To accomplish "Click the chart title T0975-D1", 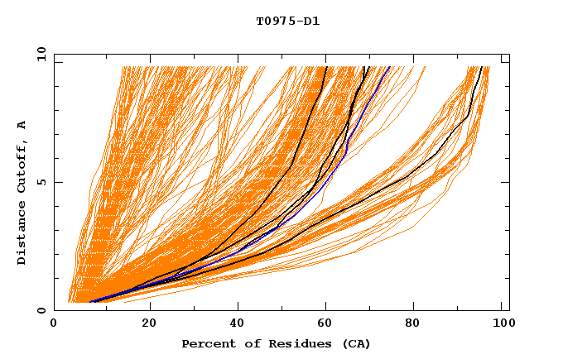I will [287, 22].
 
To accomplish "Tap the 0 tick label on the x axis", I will [54, 324].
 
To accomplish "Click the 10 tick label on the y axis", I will [41, 54].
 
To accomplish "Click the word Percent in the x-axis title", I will [206, 343].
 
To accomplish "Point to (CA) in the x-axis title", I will [357, 343].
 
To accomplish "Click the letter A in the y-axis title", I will [22, 124].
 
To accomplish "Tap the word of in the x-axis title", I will [246, 343].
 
